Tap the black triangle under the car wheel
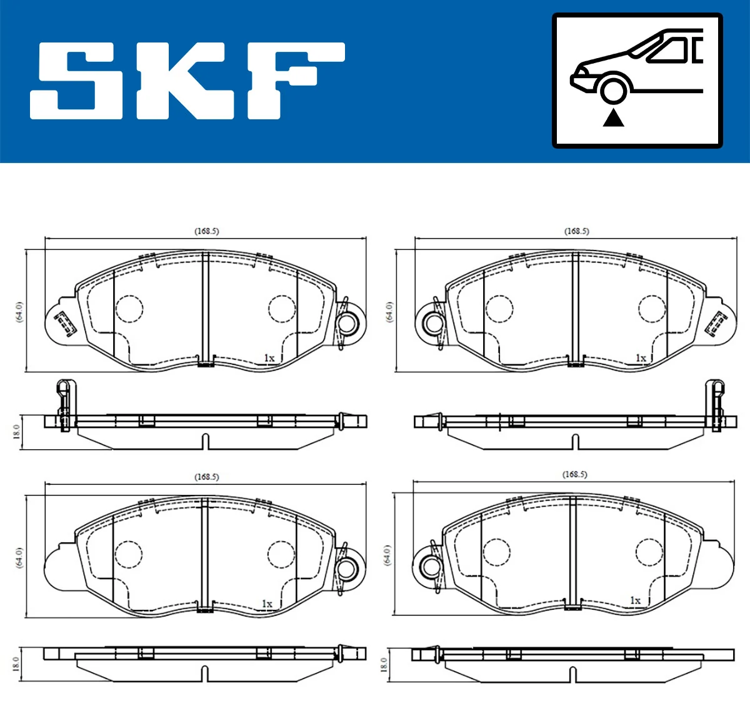tap(614, 117)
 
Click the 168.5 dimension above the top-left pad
tap(206, 231)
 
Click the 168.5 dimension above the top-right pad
tap(576, 231)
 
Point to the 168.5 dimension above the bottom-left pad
tap(206, 477)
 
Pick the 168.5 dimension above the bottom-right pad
tap(574, 474)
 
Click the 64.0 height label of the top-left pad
tap(19, 311)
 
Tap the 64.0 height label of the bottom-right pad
tap(387, 555)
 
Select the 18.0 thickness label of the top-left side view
tap(17, 431)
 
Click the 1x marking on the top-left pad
tap(269, 358)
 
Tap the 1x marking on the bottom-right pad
tap(635, 600)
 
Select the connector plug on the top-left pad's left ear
tap(63, 324)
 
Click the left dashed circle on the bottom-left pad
tap(129, 554)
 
